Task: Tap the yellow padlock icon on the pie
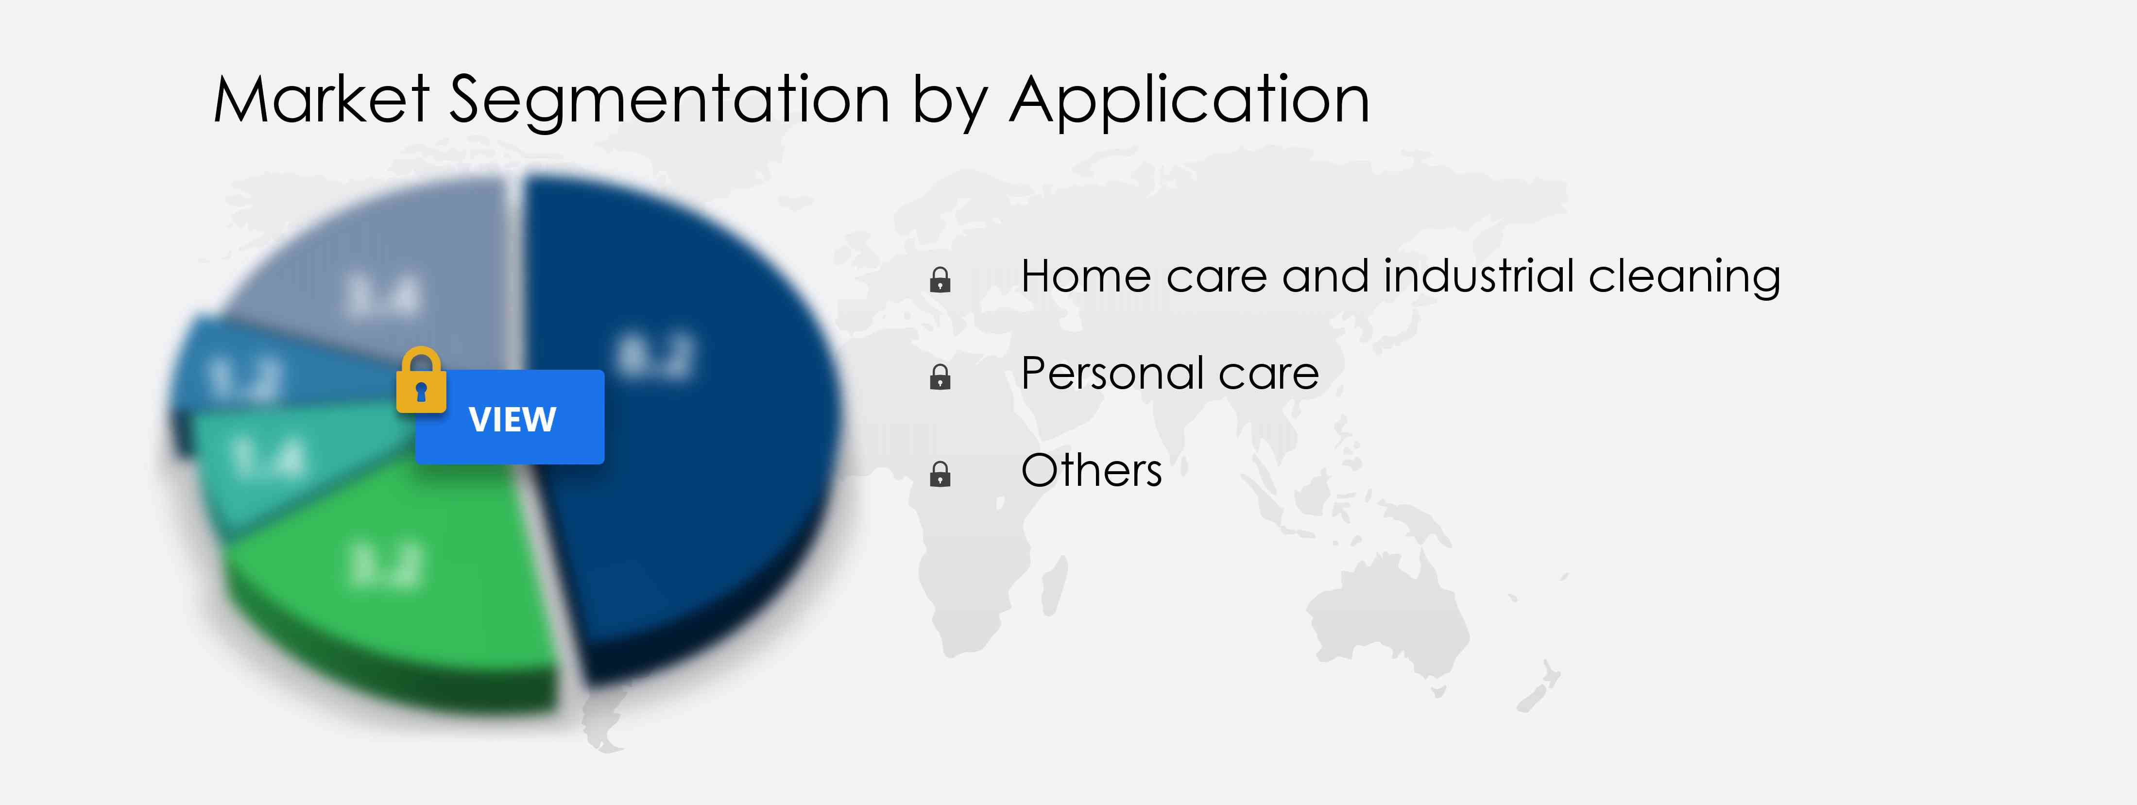pyautogui.click(x=421, y=380)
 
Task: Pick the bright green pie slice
pyautogui.click(x=390, y=573)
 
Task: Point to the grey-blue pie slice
pyautogui.click(x=382, y=274)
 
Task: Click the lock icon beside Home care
pyautogui.click(x=940, y=280)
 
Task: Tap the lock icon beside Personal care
pyautogui.click(x=940, y=377)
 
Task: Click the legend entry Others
pyautogui.click(x=1091, y=471)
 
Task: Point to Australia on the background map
pyautogui.click(x=1385, y=614)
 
